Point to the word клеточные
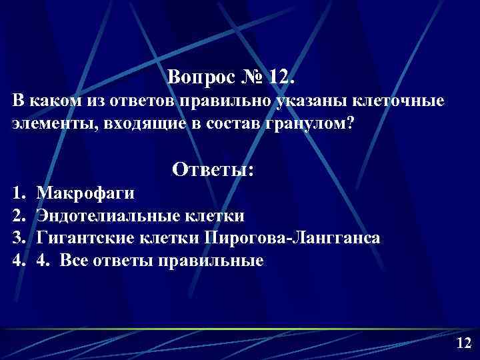pyautogui.click(x=389, y=103)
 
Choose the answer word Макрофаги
pyautogui.click(x=85, y=193)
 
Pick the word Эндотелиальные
pyautogui.click(x=107, y=215)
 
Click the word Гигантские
pyautogui.click(x=86, y=238)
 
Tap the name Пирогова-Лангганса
pyautogui.click(x=293, y=238)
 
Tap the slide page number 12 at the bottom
pyautogui.click(x=463, y=343)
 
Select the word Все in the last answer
pyautogui.click(x=72, y=260)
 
